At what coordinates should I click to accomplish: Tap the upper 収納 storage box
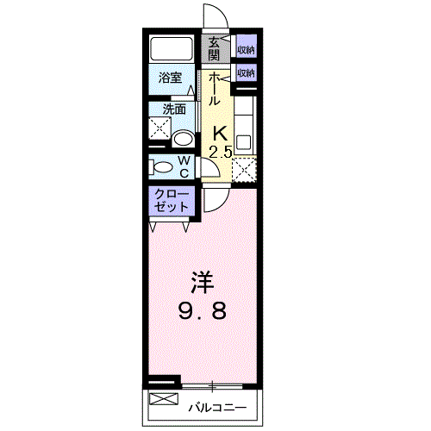[246, 48]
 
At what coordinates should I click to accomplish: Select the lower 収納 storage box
[246, 73]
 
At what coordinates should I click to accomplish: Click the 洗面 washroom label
[175, 109]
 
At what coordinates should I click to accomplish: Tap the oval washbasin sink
[184, 138]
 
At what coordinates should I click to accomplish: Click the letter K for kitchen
[220, 134]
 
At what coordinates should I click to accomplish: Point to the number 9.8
[202, 310]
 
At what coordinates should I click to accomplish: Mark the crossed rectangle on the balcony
[161, 399]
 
